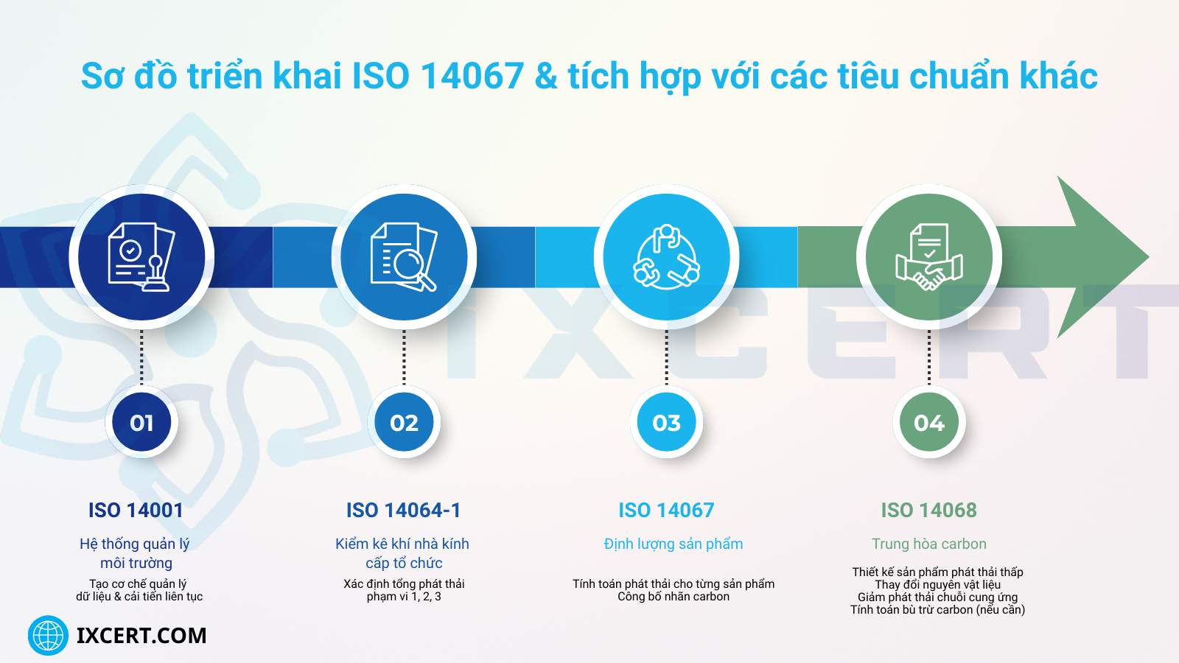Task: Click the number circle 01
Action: click(x=141, y=423)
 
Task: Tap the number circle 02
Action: click(x=404, y=423)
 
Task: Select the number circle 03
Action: click(x=666, y=423)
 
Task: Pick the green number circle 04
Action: click(x=928, y=423)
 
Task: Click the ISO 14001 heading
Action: click(x=136, y=510)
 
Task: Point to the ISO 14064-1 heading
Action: click(x=403, y=510)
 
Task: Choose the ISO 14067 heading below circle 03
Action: click(x=666, y=510)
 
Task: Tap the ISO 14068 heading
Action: click(x=928, y=510)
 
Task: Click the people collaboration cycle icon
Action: click(x=666, y=256)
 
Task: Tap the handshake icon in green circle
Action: click(x=928, y=256)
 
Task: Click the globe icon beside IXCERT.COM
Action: click(x=48, y=635)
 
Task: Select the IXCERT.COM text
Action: click(x=141, y=635)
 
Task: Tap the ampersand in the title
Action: click(x=546, y=77)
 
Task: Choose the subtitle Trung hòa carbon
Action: click(x=928, y=544)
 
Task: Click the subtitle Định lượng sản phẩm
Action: click(x=673, y=544)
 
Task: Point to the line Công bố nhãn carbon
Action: click(x=673, y=597)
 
